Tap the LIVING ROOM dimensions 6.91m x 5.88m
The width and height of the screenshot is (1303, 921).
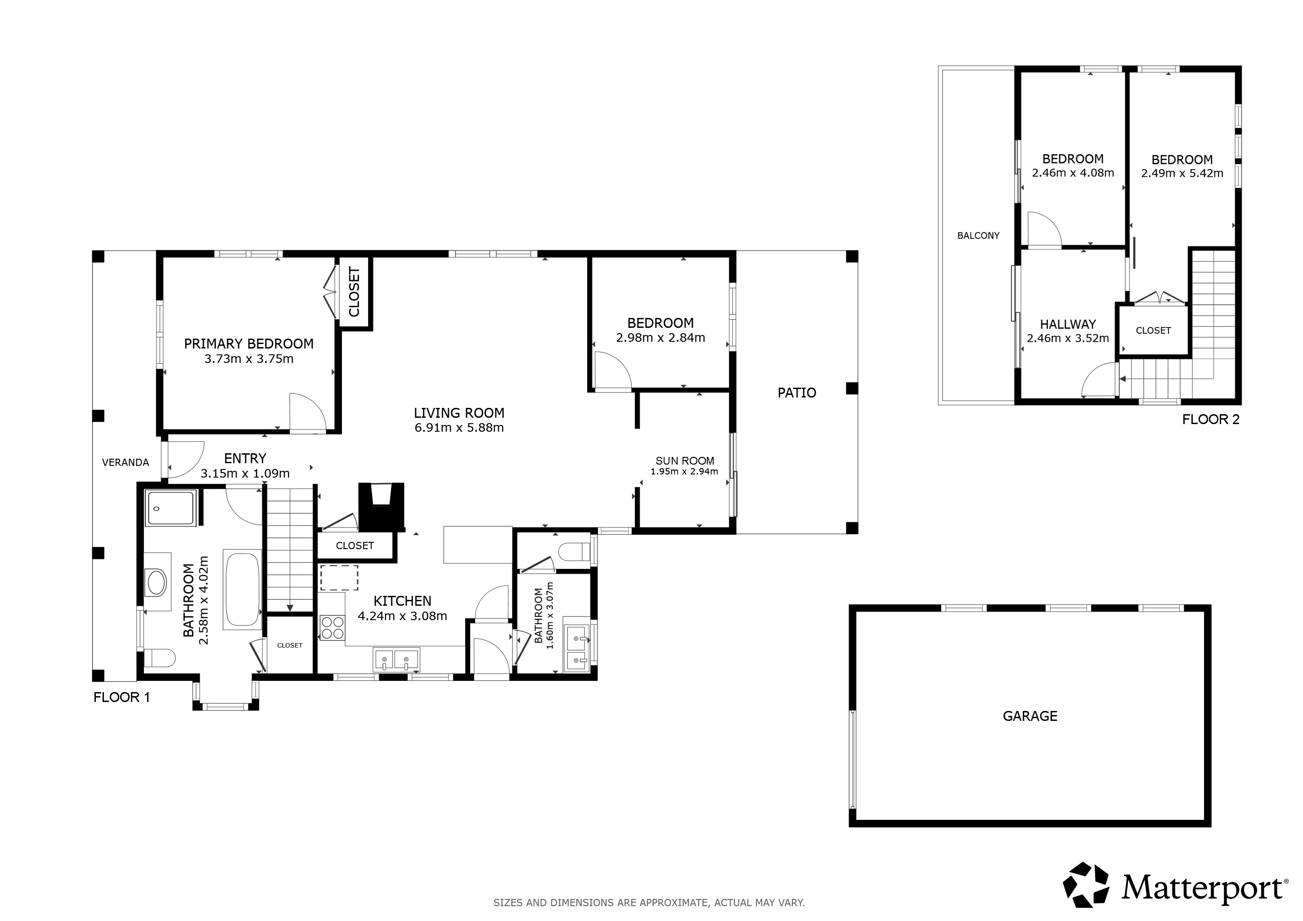(459, 428)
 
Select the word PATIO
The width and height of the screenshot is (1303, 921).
(797, 393)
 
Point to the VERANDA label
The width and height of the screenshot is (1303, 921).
(126, 462)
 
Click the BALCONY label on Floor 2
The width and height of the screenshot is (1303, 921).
(979, 235)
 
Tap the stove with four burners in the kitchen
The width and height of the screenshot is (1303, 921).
(332, 628)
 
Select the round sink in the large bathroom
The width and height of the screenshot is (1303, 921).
(157, 582)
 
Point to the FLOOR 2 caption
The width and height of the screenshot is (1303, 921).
(1210, 420)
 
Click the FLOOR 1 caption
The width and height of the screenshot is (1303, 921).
(121, 697)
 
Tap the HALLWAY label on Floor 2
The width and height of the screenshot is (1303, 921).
(1068, 324)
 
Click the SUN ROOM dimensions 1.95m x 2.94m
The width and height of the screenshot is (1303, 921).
(684, 471)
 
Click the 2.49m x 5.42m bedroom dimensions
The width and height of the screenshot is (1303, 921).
(1182, 174)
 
